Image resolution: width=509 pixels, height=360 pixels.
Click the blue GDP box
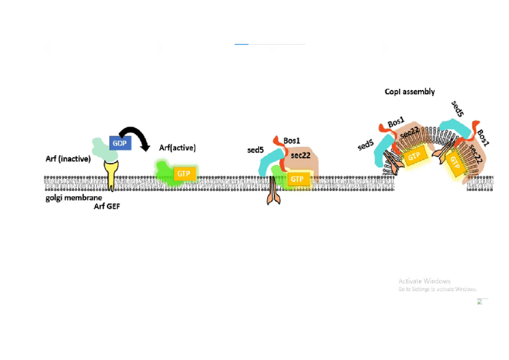[x=120, y=143]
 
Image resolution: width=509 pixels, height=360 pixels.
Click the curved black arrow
[x=135, y=137]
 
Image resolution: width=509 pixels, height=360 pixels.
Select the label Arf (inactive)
[x=68, y=159]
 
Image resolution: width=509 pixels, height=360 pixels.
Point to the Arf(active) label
[x=177, y=148]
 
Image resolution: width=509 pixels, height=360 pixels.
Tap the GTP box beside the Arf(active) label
[x=184, y=173]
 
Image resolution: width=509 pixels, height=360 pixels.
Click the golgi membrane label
[x=73, y=197]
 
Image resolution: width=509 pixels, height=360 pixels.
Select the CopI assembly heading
[x=409, y=92]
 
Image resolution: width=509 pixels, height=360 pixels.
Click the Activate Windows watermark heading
[x=424, y=281]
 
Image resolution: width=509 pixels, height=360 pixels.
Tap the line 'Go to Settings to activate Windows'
[x=437, y=289]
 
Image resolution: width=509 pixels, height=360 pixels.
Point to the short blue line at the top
[x=241, y=44]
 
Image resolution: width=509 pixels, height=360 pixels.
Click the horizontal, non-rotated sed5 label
[x=255, y=150]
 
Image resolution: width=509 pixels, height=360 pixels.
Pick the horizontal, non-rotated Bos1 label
[x=292, y=140]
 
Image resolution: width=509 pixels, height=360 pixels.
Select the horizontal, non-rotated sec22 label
[x=300, y=155]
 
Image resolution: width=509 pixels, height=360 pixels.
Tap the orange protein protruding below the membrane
[x=274, y=193]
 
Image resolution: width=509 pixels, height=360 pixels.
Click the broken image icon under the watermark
[x=480, y=301]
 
